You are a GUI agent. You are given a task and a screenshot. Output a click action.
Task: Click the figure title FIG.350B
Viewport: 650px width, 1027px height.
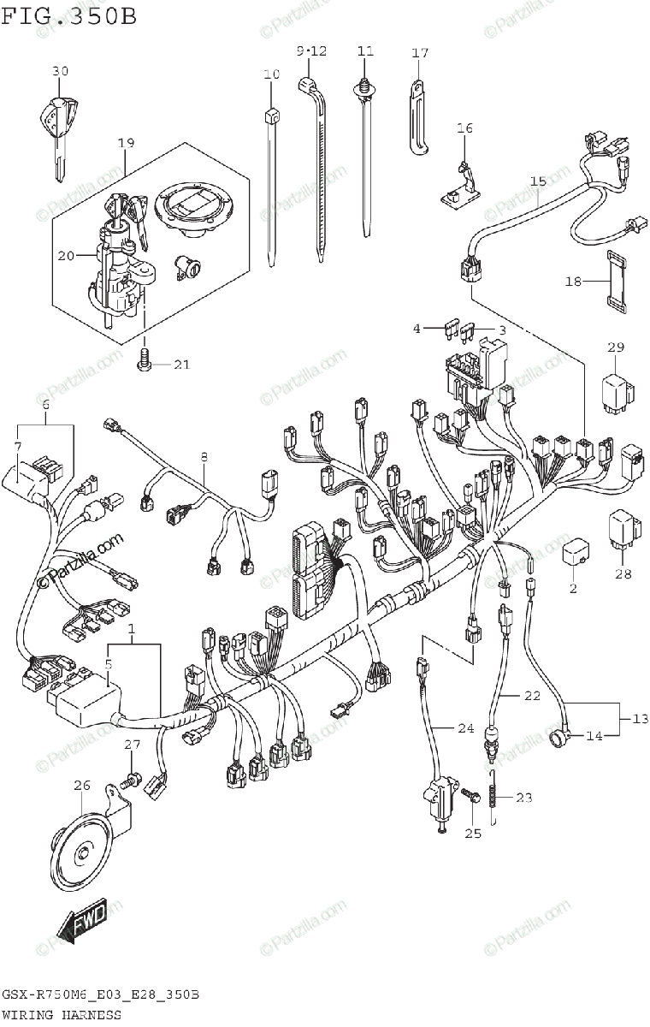pyautogui.click(x=68, y=16)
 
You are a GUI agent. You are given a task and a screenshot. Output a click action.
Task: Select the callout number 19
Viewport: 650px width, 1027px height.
pyautogui.click(x=127, y=143)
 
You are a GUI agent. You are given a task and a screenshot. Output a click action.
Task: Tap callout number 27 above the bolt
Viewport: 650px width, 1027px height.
pyautogui.click(x=131, y=746)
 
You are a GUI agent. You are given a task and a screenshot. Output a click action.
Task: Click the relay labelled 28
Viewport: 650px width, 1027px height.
pyautogui.click(x=623, y=531)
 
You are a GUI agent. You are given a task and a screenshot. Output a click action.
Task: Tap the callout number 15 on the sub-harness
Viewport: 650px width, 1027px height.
pyautogui.click(x=538, y=181)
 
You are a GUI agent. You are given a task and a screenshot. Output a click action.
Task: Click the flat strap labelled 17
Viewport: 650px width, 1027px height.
pyautogui.click(x=417, y=116)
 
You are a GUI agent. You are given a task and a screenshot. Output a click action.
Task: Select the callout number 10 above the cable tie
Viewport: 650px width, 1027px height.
pyautogui.click(x=272, y=75)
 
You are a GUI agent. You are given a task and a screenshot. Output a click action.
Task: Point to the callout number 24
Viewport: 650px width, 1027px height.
pyautogui.click(x=464, y=729)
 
